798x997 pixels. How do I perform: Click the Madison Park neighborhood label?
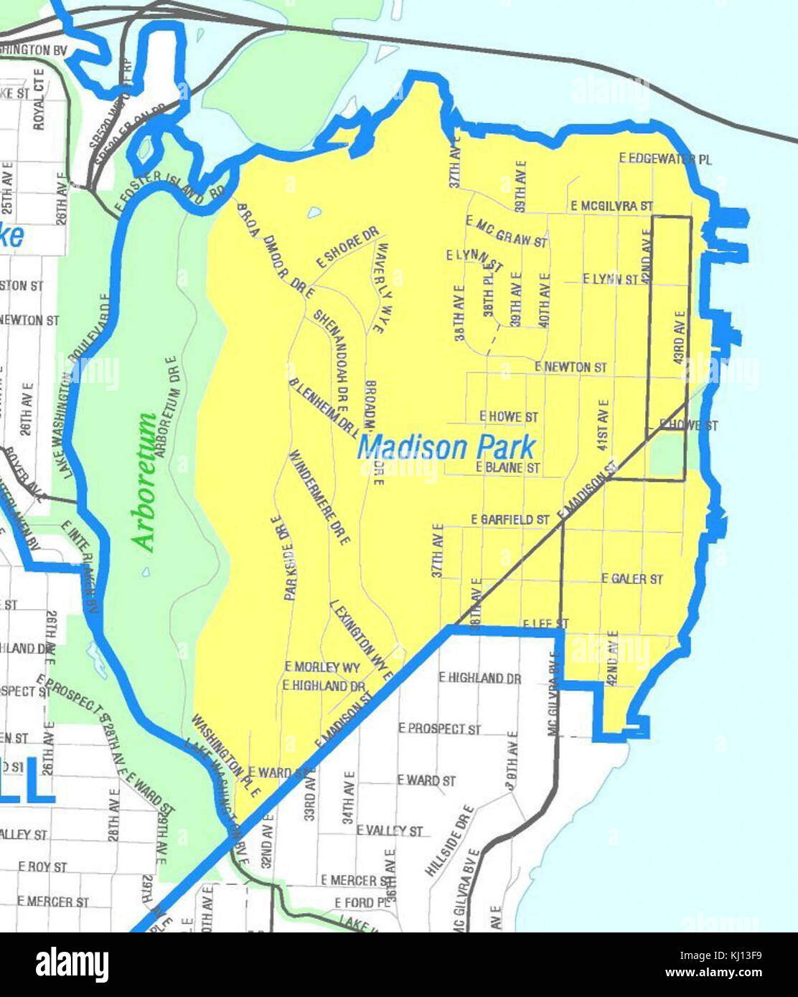click(446, 448)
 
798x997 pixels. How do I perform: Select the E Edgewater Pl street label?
click(665, 159)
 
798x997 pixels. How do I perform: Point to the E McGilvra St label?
click(611, 206)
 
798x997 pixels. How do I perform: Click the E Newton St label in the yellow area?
click(571, 367)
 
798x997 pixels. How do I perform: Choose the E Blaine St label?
click(508, 467)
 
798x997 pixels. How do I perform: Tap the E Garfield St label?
click(510, 519)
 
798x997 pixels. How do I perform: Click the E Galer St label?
click(632, 578)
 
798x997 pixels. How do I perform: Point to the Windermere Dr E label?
click(319, 497)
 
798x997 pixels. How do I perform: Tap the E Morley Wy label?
click(322, 667)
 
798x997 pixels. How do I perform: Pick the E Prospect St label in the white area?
click(439, 728)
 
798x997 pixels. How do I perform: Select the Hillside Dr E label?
click(450, 841)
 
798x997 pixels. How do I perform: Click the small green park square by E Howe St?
click(667, 455)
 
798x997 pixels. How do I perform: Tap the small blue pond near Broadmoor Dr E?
click(313, 212)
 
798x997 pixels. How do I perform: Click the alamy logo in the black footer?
click(72, 965)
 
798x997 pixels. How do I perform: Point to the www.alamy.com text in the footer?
click(713, 973)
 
